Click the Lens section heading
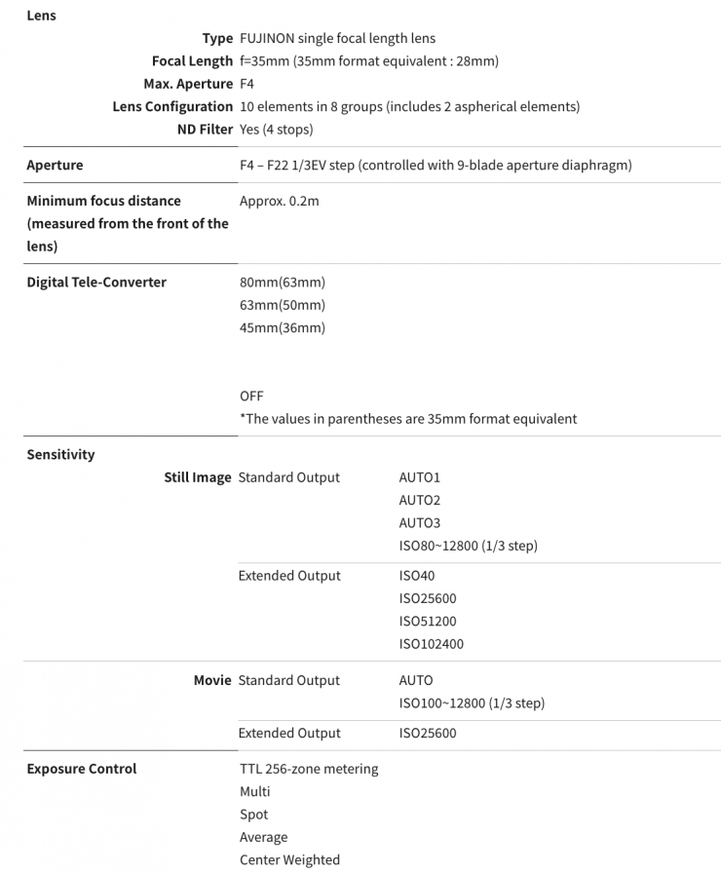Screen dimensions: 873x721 click(x=41, y=16)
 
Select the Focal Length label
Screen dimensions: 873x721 click(x=192, y=61)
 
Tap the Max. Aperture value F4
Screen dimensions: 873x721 click(x=247, y=84)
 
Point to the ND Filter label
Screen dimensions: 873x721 click(x=205, y=129)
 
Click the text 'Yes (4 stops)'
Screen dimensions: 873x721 click(x=276, y=129)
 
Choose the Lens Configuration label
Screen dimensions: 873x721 click(x=172, y=106)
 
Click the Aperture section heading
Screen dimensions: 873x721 click(x=55, y=165)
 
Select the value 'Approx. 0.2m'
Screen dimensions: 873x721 click(x=279, y=201)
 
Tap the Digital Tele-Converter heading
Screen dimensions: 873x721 click(x=96, y=282)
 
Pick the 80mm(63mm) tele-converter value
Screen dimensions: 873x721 click(x=282, y=283)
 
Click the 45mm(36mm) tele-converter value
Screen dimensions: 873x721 click(x=282, y=327)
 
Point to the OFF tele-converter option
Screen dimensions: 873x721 click(x=251, y=396)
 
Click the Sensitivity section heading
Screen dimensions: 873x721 click(x=60, y=454)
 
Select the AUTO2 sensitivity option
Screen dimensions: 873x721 click(x=419, y=500)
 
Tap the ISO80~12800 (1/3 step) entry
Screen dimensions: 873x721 click(x=468, y=546)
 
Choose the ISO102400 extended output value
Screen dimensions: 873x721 click(x=431, y=644)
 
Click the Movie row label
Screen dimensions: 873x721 click(x=212, y=680)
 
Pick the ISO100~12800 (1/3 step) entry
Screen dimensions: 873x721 click(x=472, y=702)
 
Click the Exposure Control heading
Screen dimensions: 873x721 click(x=82, y=769)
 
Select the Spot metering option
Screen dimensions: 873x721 click(x=253, y=815)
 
